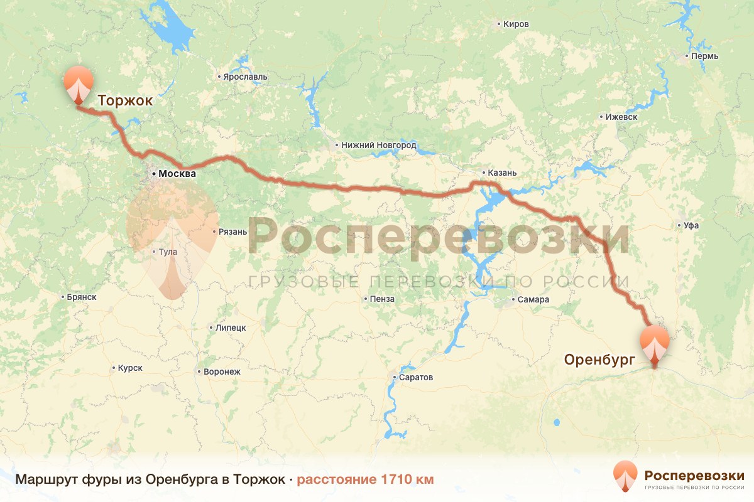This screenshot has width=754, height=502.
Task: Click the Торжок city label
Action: pos(125,100)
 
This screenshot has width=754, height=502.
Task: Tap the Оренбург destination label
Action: pos(599,360)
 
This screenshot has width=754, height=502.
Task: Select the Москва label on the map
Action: pos(177,174)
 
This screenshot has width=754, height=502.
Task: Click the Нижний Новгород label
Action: pos(378,145)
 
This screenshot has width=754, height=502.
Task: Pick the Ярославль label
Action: pos(245,77)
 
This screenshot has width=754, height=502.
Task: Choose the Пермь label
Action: pos(704,56)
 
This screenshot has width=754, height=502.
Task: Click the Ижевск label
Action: pos(621,117)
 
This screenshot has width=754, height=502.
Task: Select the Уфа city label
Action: pos(692,225)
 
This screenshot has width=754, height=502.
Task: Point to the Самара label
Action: pos(533,299)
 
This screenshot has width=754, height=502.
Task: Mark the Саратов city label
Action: pos(416,378)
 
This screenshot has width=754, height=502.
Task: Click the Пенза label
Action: pos(382,299)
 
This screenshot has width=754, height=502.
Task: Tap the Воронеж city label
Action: pos(222,371)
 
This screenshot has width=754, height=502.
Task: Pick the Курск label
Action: pos(129,368)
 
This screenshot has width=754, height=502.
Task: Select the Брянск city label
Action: pos(81,297)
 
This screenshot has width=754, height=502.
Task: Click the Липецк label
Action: pos(231,328)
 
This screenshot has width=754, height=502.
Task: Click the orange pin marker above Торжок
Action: pos(79,83)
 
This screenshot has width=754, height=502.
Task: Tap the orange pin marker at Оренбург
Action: pos(654,343)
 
